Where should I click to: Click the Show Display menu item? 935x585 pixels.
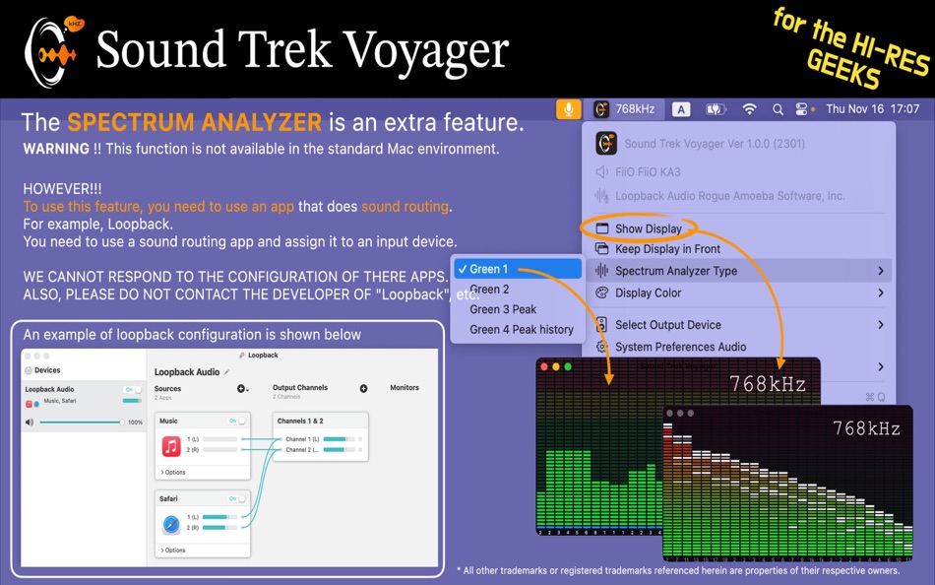[x=649, y=228]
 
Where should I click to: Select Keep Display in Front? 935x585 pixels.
[x=667, y=249]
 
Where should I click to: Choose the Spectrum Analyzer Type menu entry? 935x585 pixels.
[x=675, y=271]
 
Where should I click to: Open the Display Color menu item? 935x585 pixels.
[x=648, y=292]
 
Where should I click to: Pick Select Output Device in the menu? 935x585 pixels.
[x=667, y=325]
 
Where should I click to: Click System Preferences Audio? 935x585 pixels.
[x=680, y=347]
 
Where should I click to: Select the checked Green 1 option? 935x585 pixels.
[x=488, y=269]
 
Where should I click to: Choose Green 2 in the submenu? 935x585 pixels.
[x=489, y=290]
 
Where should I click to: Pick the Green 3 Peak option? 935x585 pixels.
[x=503, y=309]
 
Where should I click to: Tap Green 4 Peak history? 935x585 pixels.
[x=521, y=329]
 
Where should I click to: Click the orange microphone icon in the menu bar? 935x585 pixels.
[x=568, y=109]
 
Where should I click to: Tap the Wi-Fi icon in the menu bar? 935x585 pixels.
[x=749, y=109]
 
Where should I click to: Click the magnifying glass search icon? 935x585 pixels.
[x=778, y=109]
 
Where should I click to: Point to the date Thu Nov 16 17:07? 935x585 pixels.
[x=873, y=109]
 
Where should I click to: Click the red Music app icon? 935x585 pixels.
[x=171, y=447]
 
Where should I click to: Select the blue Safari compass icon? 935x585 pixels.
[x=171, y=524]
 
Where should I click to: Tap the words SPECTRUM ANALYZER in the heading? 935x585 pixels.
[x=194, y=123]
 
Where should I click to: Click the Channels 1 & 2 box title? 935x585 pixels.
[x=299, y=421]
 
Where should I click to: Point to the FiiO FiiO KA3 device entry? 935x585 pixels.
[x=648, y=172]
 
